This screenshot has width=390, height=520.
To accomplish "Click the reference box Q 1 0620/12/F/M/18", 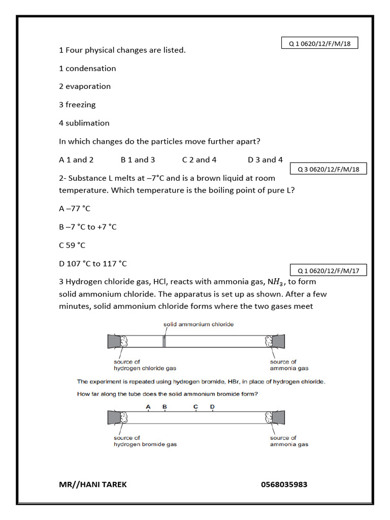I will [x=320, y=44].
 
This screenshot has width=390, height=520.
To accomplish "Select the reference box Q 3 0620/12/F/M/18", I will [x=328, y=169].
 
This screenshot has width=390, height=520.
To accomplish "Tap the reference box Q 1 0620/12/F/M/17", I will [x=328, y=271].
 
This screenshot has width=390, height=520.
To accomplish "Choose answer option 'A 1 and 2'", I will [x=76, y=159].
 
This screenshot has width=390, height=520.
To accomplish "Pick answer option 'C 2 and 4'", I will [x=199, y=159].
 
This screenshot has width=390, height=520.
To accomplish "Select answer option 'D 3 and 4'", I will [x=265, y=159].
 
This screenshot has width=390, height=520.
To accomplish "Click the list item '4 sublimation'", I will [x=84, y=123].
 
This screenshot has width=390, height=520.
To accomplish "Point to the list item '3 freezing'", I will [x=77, y=105].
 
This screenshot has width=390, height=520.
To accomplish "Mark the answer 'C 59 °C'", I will [x=72, y=245].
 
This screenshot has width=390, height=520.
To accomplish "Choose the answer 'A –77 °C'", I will [x=75, y=208].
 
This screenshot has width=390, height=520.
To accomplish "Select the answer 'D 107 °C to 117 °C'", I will [x=93, y=264].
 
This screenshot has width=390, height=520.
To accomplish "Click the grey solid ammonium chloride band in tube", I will [x=164, y=341].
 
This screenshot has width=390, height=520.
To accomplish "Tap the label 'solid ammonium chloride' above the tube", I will [x=198, y=324].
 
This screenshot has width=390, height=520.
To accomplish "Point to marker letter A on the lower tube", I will [x=148, y=406].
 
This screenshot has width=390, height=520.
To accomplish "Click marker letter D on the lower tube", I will [x=212, y=406].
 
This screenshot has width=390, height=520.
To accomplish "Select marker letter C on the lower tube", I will [x=196, y=406].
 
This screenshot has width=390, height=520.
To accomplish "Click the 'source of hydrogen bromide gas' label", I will [x=145, y=441].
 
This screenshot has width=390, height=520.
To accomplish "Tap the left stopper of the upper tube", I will [x=113, y=341].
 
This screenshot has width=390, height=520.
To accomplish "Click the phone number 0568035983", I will [x=284, y=484].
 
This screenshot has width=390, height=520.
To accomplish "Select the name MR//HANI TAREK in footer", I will [x=93, y=484].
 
